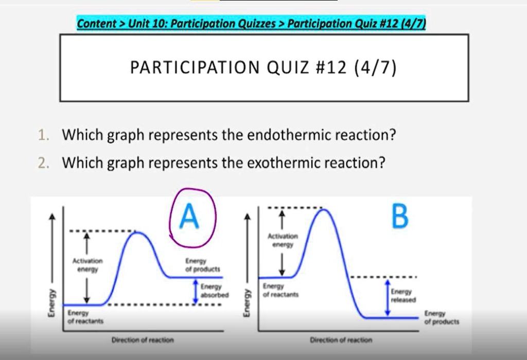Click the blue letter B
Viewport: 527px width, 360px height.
click(399, 217)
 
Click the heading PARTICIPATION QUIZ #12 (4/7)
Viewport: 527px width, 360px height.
click(263, 67)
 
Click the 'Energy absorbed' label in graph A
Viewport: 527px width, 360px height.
click(211, 291)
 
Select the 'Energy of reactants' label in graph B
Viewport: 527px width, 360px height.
click(277, 290)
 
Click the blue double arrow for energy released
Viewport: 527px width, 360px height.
click(387, 298)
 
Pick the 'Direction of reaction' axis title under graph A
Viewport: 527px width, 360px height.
click(143, 340)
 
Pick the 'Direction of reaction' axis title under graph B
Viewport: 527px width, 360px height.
click(341, 340)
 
